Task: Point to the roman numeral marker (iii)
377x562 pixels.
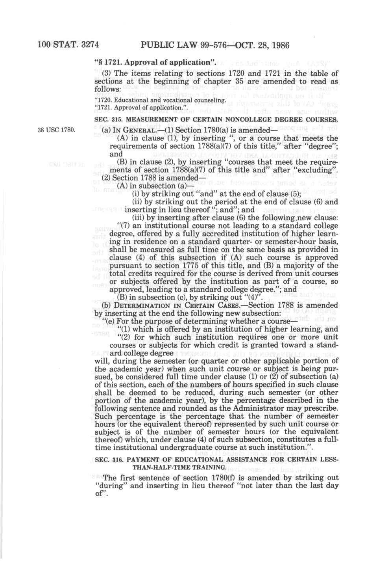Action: point(139,218)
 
